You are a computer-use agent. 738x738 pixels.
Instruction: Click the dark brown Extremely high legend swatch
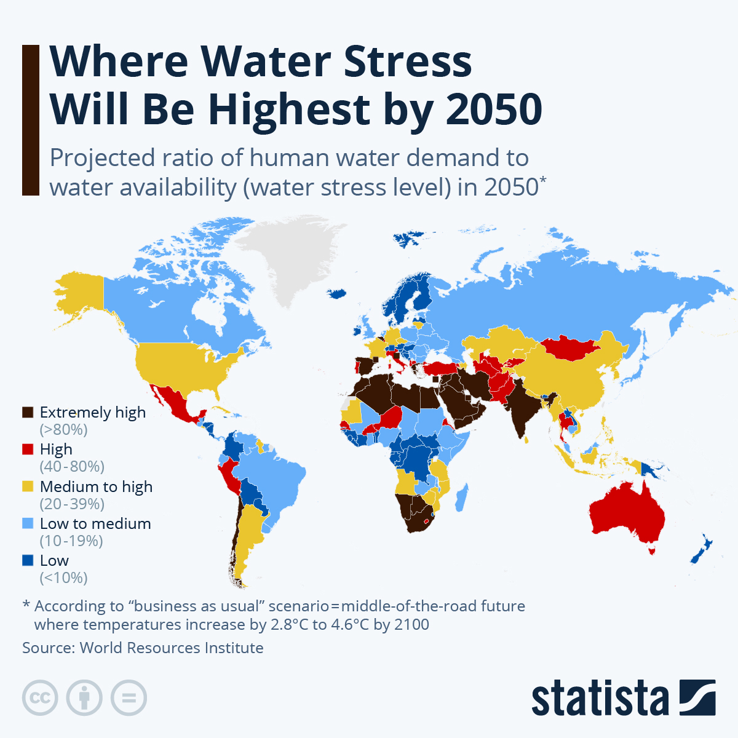(28, 413)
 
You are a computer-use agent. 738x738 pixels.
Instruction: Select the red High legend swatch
(28, 450)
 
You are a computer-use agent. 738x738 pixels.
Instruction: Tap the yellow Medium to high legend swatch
(28, 486)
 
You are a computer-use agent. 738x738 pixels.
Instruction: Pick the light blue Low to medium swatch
(28, 523)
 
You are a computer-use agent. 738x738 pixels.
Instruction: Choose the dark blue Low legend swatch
(28, 560)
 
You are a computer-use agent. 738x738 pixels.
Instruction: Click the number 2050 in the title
(494, 109)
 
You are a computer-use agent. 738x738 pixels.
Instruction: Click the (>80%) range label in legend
(63, 429)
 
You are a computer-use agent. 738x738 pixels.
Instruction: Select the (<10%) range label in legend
(63, 577)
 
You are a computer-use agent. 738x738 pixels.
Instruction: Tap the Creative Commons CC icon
(40, 698)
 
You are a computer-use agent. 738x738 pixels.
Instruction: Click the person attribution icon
(84, 698)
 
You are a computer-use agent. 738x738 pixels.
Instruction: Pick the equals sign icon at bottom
(129, 698)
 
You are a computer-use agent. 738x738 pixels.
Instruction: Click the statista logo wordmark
(600, 698)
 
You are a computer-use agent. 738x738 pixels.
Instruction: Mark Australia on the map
(627, 514)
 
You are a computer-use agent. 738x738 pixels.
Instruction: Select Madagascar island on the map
(462, 498)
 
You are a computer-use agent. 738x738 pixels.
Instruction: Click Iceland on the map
(338, 294)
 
